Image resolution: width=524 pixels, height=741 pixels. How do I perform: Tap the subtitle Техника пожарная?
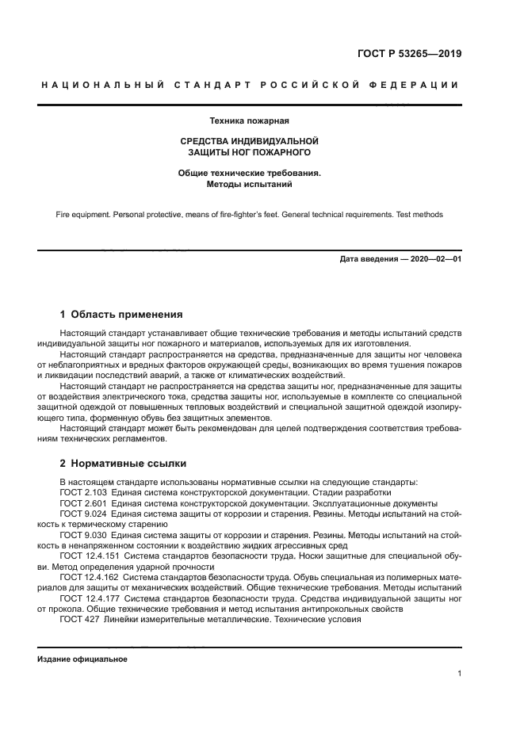click(x=249, y=121)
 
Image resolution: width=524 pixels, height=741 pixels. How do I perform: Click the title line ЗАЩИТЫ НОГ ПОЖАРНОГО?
click(x=249, y=151)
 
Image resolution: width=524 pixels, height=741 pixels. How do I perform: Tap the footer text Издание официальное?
click(x=82, y=659)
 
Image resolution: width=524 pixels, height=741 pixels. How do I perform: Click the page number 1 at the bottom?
click(x=460, y=674)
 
